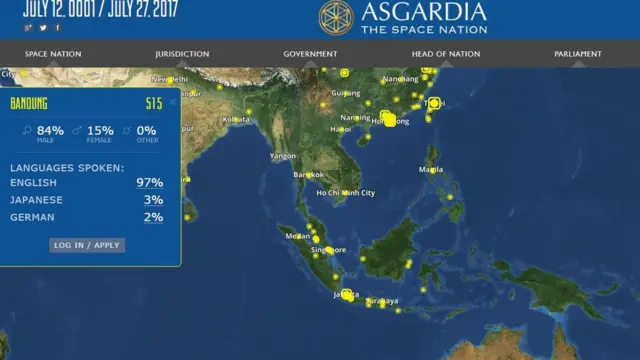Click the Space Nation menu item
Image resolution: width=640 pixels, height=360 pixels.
(53, 54)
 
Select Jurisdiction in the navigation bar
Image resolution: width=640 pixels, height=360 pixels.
(182, 54)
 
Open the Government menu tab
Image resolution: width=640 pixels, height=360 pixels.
(310, 54)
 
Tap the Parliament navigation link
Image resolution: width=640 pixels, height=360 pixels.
(578, 54)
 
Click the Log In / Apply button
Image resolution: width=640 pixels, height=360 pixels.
(87, 245)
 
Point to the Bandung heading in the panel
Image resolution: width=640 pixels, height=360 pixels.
(29, 104)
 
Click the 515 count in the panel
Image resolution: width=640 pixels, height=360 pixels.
(153, 104)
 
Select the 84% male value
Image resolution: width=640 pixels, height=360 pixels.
(50, 130)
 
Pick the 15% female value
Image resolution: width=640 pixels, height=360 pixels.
(100, 130)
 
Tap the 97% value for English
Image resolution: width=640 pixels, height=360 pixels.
(150, 183)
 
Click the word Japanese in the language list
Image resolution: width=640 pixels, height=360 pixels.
(36, 200)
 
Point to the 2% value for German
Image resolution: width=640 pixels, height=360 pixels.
(153, 217)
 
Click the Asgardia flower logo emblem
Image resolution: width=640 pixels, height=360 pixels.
(336, 16)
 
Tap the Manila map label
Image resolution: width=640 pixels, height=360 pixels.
(431, 169)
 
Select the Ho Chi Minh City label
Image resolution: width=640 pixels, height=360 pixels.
(345, 193)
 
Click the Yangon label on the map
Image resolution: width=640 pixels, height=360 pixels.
(283, 156)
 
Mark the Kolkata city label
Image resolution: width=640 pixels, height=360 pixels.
(237, 119)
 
